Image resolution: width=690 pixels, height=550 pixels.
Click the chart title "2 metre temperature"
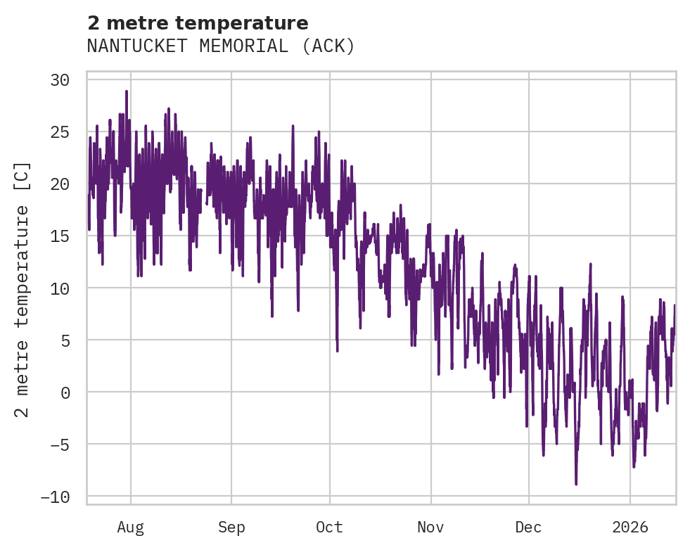(198, 23)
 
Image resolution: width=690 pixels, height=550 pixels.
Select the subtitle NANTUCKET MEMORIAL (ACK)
(221, 46)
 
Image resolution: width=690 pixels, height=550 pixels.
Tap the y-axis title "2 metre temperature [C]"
(23, 289)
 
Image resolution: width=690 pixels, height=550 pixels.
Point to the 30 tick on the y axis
(60, 79)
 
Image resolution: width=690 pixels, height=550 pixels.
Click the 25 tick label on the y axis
(60, 132)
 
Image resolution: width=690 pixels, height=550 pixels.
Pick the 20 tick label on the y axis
(60, 184)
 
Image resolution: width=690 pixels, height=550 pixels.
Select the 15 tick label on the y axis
(60, 236)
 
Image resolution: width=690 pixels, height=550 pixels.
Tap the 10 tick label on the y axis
(60, 288)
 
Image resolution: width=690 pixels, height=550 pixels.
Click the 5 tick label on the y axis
(65, 340)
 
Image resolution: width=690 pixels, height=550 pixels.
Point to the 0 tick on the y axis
(65, 392)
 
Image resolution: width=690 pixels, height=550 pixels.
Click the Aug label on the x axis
(131, 527)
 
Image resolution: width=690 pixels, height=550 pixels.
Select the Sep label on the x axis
(231, 527)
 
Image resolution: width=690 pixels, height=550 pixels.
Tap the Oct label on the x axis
(329, 527)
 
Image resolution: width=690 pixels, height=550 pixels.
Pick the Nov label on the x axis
(430, 527)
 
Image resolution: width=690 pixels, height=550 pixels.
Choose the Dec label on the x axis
(528, 527)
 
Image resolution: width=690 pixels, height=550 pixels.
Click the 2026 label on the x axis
(630, 527)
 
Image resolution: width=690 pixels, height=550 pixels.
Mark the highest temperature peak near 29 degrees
(127, 91)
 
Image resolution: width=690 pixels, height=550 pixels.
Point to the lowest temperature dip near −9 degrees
(576, 484)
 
